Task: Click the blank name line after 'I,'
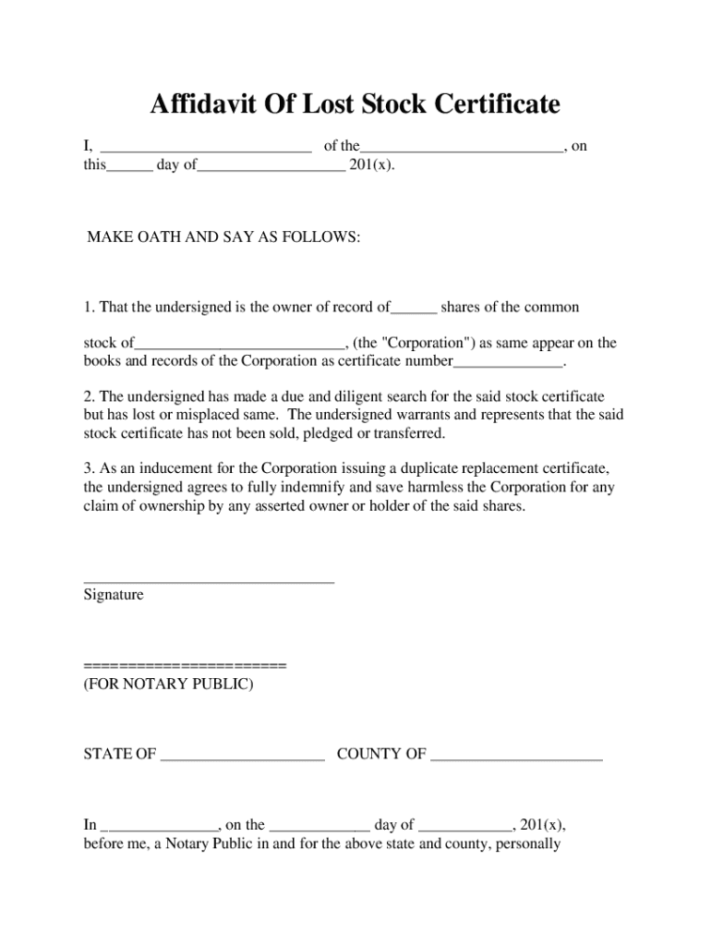pyautogui.click(x=206, y=148)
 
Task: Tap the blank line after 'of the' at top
pyautogui.click(x=463, y=148)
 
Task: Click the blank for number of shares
pyautogui.click(x=415, y=309)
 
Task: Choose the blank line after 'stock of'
pyautogui.click(x=240, y=345)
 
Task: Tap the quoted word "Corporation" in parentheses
pyautogui.click(x=428, y=343)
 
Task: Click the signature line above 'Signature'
pyautogui.click(x=209, y=582)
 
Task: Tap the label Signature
pyautogui.click(x=114, y=595)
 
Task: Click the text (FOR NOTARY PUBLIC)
pyautogui.click(x=167, y=685)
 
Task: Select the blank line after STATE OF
pyautogui.click(x=243, y=756)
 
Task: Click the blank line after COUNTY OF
pyautogui.click(x=516, y=756)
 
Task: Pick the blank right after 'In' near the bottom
pyautogui.click(x=159, y=827)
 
